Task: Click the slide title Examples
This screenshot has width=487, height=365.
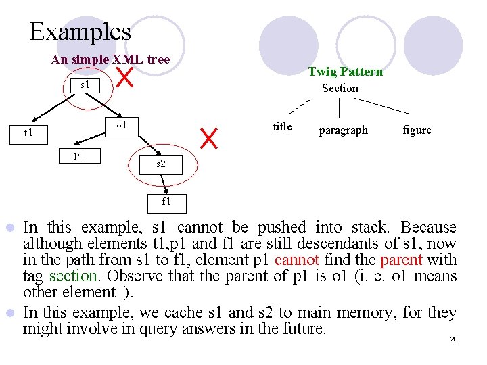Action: tap(80, 32)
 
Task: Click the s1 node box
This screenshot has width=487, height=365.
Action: tap(85, 85)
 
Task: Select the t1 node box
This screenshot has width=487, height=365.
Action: tap(28, 132)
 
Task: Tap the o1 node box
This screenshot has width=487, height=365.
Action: tap(122, 126)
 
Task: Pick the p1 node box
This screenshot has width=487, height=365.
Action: tap(79, 155)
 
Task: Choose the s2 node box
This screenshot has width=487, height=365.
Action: tap(160, 164)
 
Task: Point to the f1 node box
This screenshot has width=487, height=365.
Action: tap(166, 201)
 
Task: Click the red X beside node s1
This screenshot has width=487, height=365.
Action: tap(124, 77)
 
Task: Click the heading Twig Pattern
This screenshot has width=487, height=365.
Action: tap(345, 72)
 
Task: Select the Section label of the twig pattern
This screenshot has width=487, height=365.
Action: tap(340, 88)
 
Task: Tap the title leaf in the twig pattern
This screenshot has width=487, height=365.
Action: tap(282, 126)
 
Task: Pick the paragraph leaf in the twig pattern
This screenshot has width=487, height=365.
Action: tap(343, 130)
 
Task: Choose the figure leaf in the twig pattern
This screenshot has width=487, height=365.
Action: tap(416, 130)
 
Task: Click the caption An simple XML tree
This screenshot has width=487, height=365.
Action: tap(110, 59)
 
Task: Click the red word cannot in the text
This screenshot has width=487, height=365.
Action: tap(294, 260)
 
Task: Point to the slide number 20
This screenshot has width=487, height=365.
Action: tap(454, 338)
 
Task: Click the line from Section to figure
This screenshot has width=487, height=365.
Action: tap(381, 105)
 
